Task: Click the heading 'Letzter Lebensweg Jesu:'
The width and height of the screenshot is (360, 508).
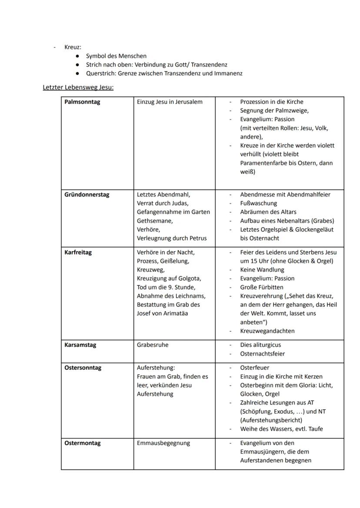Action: (x=78, y=87)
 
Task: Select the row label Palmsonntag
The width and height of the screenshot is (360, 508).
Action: (x=82, y=102)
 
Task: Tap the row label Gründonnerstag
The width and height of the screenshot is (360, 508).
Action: (x=87, y=195)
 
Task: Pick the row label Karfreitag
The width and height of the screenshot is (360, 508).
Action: (x=78, y=252)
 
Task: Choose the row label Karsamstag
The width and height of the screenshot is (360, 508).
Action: (x=80, y=345)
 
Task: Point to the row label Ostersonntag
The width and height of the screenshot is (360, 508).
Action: (x=83, y=368)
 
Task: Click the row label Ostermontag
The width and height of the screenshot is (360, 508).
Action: (x=83, y=443)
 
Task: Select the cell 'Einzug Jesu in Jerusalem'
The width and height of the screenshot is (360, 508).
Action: (x=170, y=102)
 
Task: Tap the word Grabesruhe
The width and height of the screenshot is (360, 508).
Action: (x=153, y=345)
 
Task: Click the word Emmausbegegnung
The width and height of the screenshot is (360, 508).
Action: (x=163, y=443)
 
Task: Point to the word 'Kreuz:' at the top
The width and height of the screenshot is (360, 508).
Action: (x=73, y=47)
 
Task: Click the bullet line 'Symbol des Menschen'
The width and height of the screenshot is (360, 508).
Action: (x=116, y=56)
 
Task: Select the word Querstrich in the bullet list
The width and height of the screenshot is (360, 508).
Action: (x=101, y=73)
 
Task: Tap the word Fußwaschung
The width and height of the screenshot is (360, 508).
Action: (x=258, y=203)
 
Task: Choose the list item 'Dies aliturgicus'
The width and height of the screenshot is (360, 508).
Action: (x=260, y=345)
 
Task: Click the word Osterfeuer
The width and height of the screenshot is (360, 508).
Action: (x=255, y=368)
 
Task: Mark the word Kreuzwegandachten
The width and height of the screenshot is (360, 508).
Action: (x=267, y=331)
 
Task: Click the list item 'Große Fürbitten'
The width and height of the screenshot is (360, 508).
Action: (x=261, y=287)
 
